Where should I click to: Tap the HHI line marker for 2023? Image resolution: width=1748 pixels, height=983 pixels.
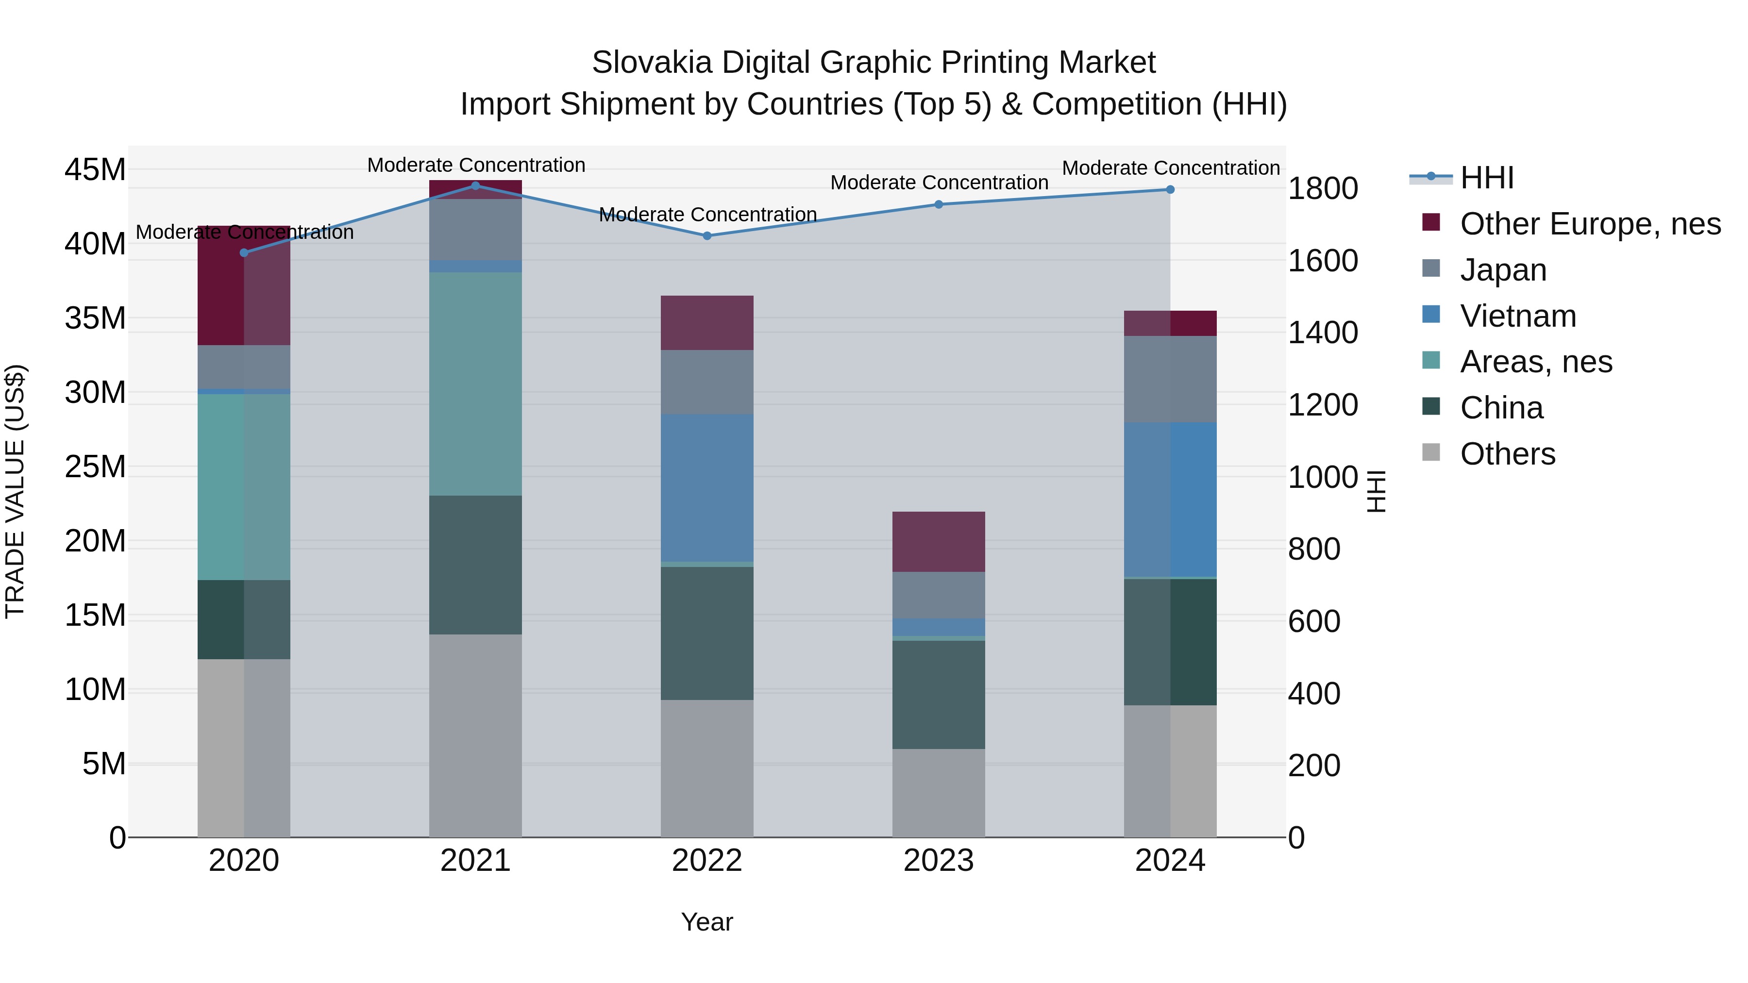(x=939, y=204)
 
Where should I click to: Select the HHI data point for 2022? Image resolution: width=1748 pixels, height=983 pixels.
(x=707, y=236)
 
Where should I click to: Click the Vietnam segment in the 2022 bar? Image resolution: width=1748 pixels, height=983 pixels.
(x=707, y=488)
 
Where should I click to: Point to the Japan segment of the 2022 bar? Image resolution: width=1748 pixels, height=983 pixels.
(x=707, y=382)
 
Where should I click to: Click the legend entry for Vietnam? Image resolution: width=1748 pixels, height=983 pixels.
(x=1517, y=316)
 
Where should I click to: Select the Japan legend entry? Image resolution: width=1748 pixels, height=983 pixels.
(x=1502, y=270)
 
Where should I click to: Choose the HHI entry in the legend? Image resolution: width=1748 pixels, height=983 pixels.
(x=1486, y=178)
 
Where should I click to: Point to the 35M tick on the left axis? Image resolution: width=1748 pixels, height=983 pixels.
(x=95, y=318)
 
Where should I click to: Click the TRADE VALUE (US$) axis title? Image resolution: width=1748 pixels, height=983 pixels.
(x=15, y=491)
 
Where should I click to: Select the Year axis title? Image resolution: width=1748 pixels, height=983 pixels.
(x=707, y=922)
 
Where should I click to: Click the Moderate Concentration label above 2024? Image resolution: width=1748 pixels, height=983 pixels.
(x=1171, y=167)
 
